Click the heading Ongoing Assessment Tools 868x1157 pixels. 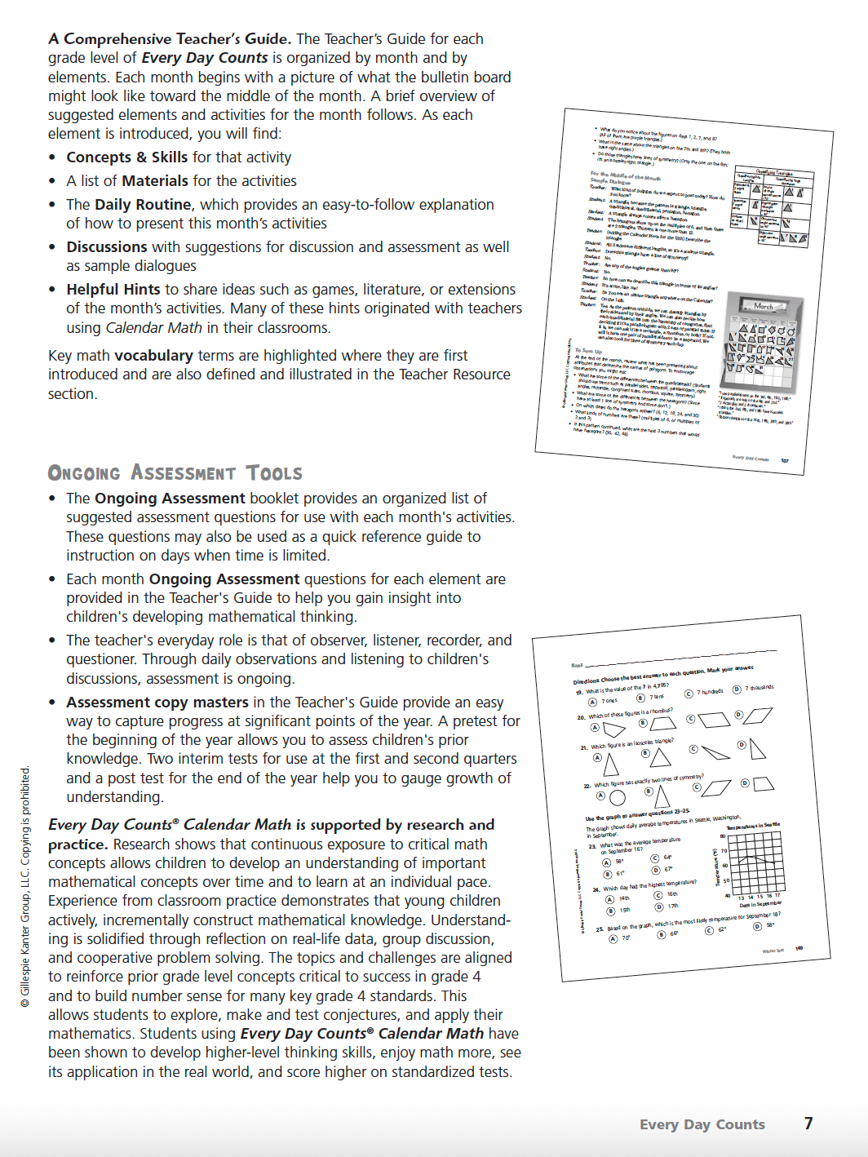click(x=175, y=473)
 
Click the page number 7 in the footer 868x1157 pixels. click(x=808, y=1124)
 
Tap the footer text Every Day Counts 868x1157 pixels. click(x=702, y=1124)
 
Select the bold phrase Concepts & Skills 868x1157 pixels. click(x=126, y=157)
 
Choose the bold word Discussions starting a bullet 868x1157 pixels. click(x=107, y=247)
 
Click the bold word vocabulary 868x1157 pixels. click(x=153, y=356)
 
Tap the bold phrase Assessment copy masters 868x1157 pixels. click(x=157, y=703)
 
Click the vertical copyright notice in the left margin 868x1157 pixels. click(x=25, y=885)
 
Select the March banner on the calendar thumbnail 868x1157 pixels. click(x=764, y=306)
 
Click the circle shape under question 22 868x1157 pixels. click(x=618, y=797)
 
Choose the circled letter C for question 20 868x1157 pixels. click(x=691, y=720)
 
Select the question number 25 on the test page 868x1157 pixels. click(x=600, y=929)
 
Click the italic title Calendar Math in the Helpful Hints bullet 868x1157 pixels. click(x=153, y=328)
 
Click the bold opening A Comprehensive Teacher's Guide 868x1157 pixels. click(x=169, y=39)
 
